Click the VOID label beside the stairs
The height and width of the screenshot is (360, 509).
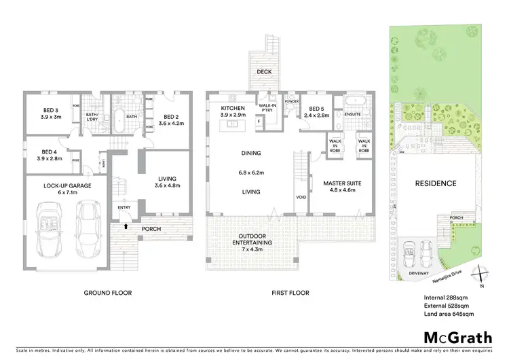pos(302,198)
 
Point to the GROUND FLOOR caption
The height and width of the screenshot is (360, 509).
pos(107,293)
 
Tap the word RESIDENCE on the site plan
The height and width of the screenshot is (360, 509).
pos(436,183)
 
